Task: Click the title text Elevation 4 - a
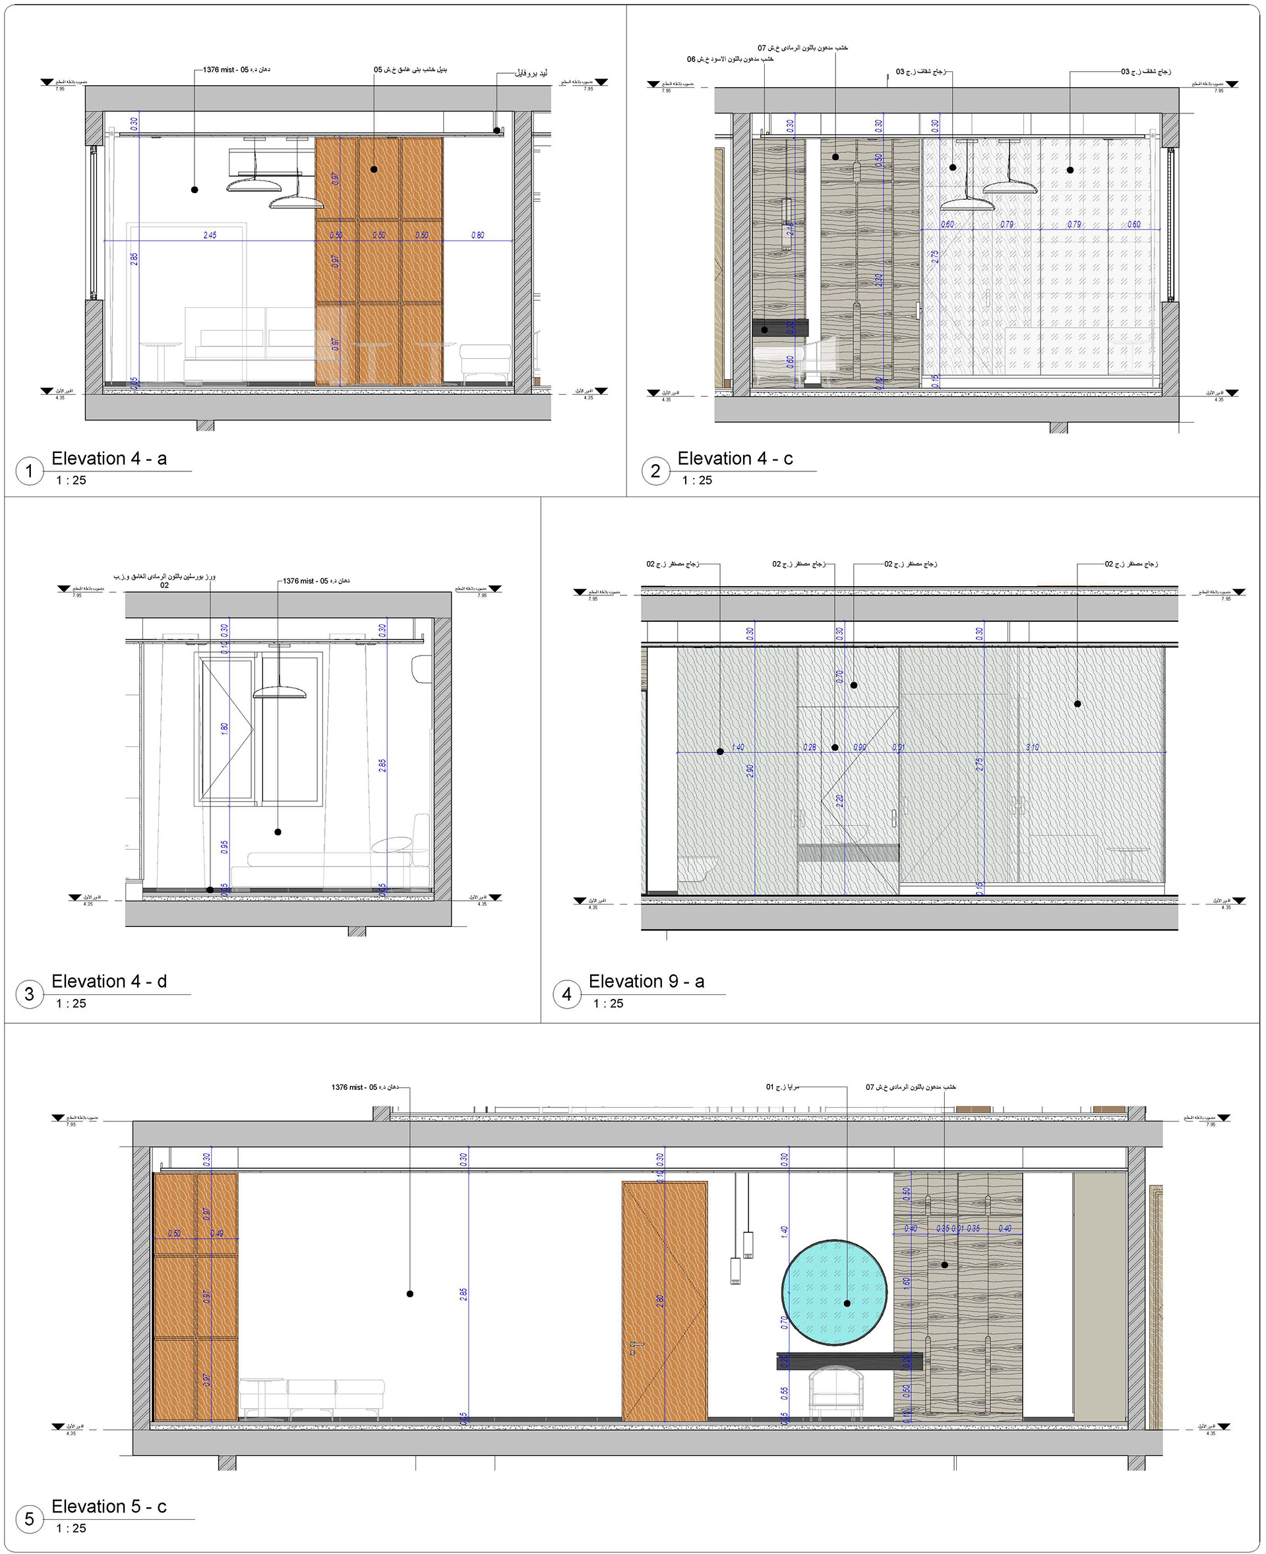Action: (x=109, y=458)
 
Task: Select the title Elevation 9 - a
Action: (x=646, y=981)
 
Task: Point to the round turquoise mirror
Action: (x=833, y=1292)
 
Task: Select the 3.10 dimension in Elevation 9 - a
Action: (x=1032, y=748)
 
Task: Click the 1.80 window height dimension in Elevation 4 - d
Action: (x=225, y=728)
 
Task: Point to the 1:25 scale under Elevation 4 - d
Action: (x=71, y=1003)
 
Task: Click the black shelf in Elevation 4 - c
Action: (x=780, y=328)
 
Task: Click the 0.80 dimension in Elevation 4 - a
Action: (x=477, y=235)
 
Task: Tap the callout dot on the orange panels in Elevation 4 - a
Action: (x=373, y=169)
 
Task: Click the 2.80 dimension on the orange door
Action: (x=660, y=1300)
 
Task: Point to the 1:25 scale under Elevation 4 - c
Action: (x=696, y=480)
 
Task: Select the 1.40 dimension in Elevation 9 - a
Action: (x=737, y=748)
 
